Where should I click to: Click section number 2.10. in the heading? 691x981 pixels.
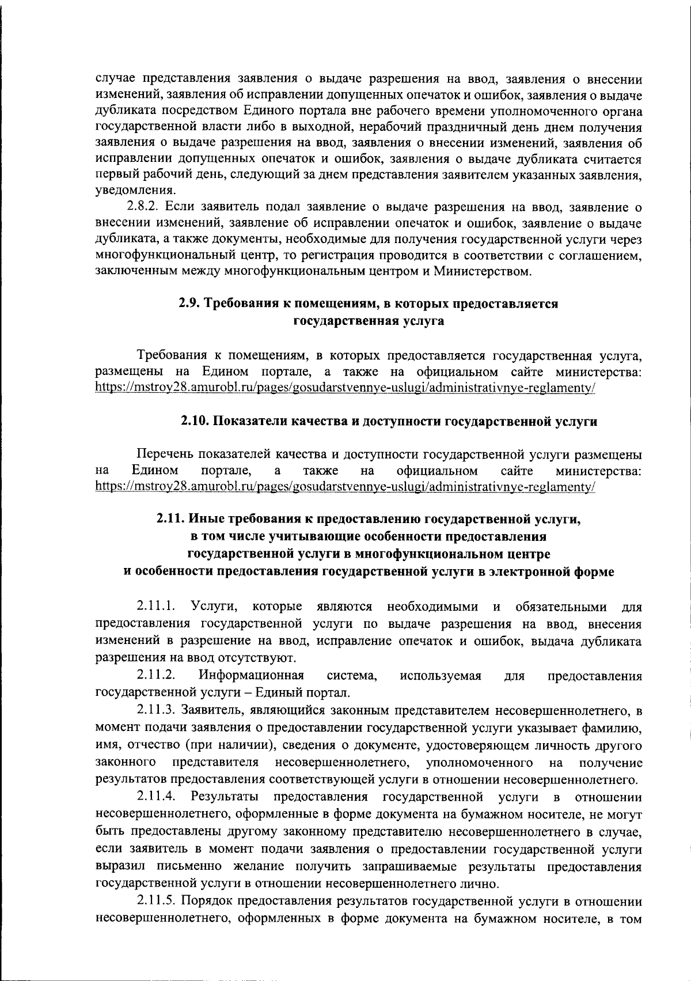point(196,422)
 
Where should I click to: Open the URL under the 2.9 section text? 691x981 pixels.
point(345,388)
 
